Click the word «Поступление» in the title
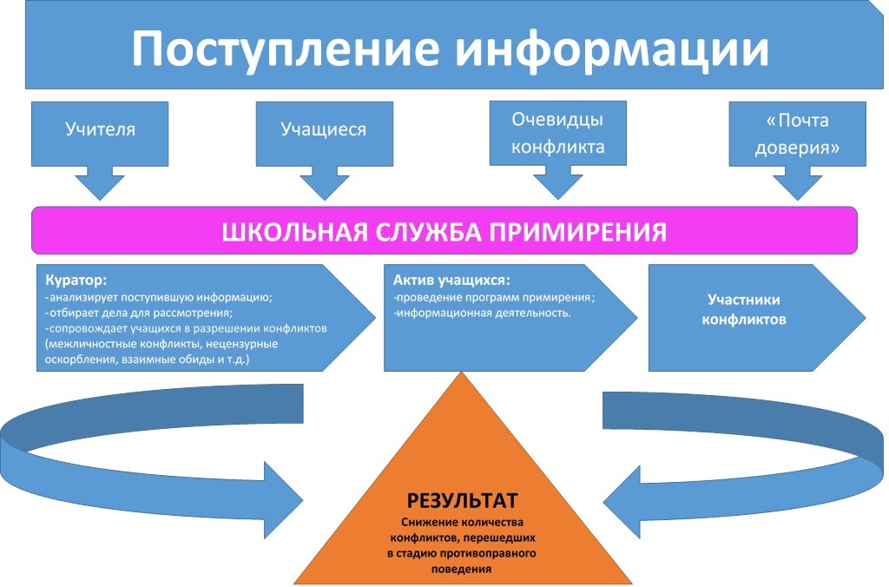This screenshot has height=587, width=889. click(285, 49)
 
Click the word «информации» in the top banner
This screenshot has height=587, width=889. click(613, 49)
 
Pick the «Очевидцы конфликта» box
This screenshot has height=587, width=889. click(557, 133)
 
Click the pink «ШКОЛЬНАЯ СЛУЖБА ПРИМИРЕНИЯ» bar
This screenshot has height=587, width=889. click(444, 232)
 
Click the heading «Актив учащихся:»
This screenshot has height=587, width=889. click(451, 281)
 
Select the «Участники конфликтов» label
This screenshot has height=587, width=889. click(743, 309)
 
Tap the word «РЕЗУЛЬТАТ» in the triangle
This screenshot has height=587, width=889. click(462, 501)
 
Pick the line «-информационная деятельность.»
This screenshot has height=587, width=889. click(482, 313)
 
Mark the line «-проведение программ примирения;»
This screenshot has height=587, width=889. click(494, 297)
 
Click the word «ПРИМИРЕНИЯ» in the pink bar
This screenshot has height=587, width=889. click(595, 232)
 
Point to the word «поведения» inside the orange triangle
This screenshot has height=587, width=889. click(462, 569)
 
